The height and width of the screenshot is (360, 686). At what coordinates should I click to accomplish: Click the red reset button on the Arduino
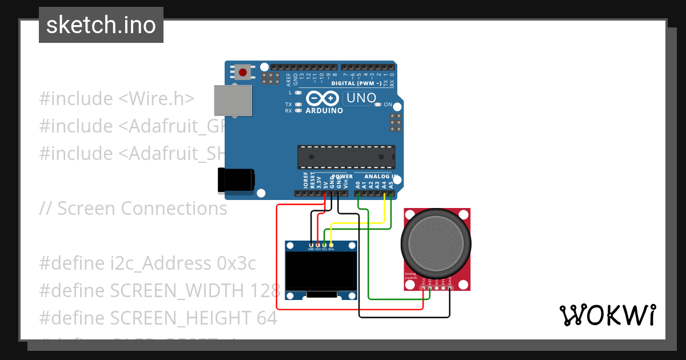click(x=243, y=73)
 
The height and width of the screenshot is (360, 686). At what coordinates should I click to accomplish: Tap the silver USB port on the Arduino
click(x=233, y=101)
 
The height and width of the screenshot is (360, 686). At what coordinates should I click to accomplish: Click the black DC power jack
click(x=236, y=179)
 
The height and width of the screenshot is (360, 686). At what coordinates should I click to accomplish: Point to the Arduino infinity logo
click(x=324, y=98)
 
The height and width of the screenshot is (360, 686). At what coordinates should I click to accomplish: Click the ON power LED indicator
click(x=378, y=105)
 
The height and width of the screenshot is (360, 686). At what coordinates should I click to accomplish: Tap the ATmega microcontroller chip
click(x=346, y=157)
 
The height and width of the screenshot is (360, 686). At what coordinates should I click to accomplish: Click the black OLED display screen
click(x=321, y=271)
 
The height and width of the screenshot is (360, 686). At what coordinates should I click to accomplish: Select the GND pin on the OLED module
click(x=311, y=245)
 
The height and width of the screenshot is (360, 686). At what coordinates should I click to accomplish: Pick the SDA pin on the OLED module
click(x=331, y=245)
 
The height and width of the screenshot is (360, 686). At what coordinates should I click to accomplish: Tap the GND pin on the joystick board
click(x=450, y=287)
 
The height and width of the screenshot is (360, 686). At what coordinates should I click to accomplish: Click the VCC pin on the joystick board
click(x=423, y=287)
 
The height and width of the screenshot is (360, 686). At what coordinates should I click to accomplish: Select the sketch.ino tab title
click(x=101, y=25)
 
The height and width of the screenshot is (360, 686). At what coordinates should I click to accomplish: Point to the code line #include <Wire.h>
click(x=117, y=98)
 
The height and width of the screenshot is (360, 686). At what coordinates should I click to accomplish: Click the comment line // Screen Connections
click(x=133, y=209)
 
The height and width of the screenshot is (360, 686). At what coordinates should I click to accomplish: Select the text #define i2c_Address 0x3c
click(x=147, y=263)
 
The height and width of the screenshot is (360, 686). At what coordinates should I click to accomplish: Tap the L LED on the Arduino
click(x=298, y=92)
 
